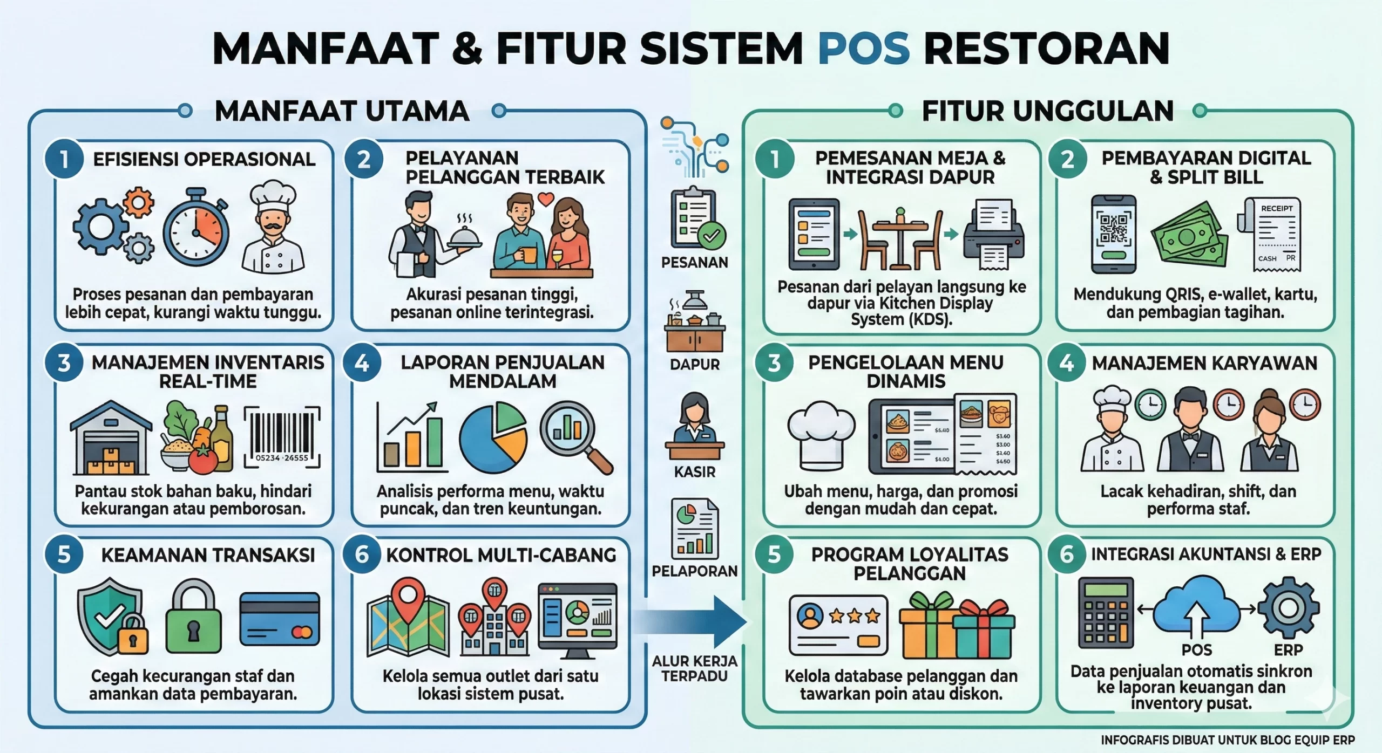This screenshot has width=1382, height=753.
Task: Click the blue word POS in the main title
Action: (863, 49)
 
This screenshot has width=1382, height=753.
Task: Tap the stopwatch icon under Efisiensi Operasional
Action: (197, 228)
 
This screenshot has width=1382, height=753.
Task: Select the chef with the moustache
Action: (273, 227)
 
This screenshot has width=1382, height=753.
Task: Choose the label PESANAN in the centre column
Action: (694, 263)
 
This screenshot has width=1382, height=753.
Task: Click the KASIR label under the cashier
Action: (694, 472)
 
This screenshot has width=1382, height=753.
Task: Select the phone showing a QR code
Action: (1113, 234)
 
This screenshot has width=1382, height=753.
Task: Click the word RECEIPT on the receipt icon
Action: (1277, 208)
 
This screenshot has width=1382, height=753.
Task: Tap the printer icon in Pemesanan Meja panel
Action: (994, 235)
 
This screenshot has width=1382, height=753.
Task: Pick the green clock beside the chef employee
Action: (1150, 405)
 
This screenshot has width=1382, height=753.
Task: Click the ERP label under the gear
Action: (1288, 651)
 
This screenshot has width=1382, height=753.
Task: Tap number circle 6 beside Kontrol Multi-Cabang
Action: (362, 555)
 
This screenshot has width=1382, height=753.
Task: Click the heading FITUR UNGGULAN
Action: (1047, 111)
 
